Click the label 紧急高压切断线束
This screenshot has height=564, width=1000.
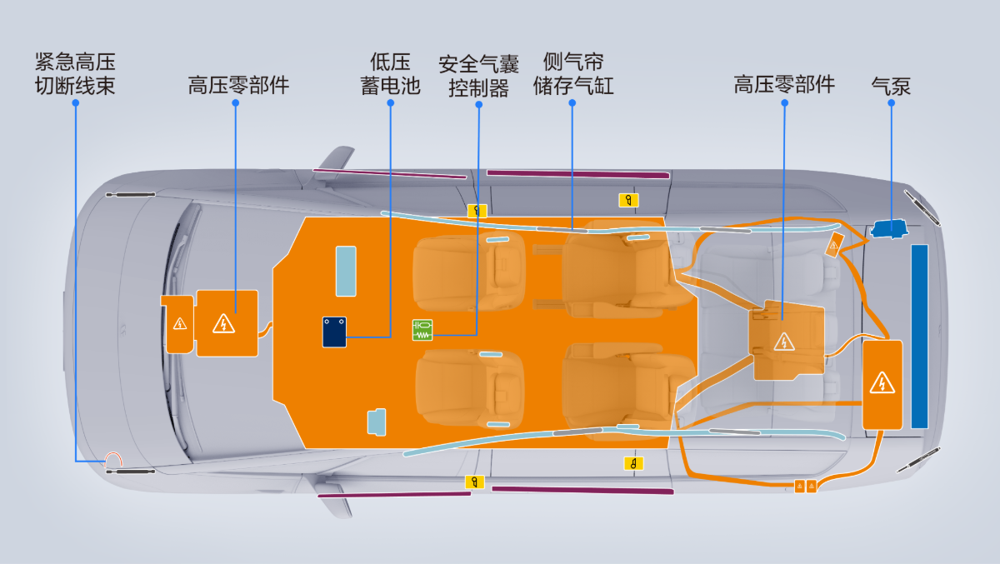(75, 73)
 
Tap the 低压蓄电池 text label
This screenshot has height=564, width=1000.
(390, 73)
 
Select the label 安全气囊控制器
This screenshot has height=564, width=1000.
(478, 76)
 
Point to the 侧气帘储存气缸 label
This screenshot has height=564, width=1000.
(573, 73)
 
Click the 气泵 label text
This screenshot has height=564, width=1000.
(891, 86)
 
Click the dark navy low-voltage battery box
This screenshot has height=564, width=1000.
(334, 332)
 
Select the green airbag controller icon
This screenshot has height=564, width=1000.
(422, 330)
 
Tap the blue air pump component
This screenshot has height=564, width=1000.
(889, 228)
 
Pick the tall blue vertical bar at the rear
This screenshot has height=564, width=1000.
(919, 337)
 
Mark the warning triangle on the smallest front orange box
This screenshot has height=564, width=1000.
(180, 323)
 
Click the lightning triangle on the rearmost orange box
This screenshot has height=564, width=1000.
(882, 383)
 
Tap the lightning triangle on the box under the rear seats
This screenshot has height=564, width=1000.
(784, 342)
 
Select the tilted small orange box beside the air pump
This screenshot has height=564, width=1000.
(834, 245)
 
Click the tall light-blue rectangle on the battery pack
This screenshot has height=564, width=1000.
(346, 272)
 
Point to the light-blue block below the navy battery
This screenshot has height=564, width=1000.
(377, 422)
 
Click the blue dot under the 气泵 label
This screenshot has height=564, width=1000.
(891, 103)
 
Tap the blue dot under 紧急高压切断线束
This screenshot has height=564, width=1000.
(76, 103)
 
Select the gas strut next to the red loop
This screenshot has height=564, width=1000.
(130, 472)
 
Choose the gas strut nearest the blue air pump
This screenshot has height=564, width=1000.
(922, 208)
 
